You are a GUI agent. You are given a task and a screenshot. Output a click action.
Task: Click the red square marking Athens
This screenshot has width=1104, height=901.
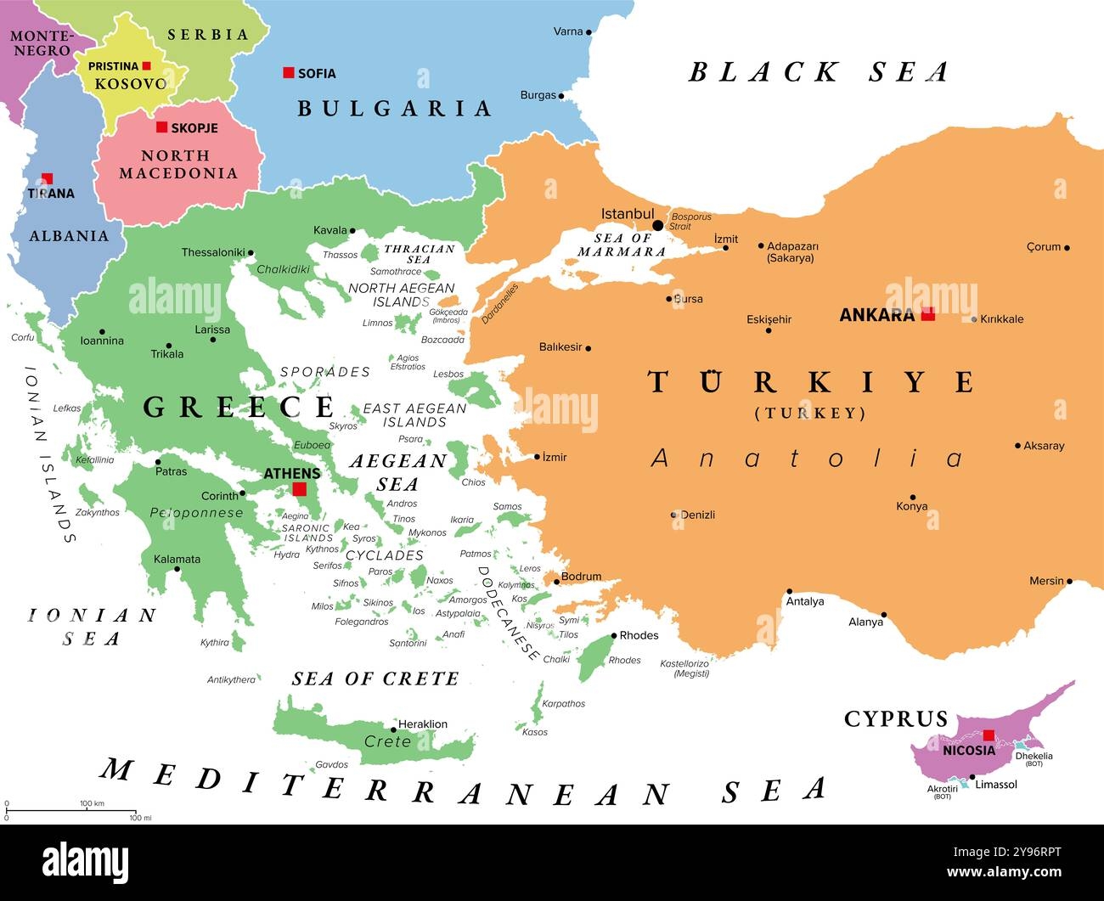299,489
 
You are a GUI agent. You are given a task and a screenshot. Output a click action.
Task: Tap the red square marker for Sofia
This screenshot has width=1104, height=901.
289,73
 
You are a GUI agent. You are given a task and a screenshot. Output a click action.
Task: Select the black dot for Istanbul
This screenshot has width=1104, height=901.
657,225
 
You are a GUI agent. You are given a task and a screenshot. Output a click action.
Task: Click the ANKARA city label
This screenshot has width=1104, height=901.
876,315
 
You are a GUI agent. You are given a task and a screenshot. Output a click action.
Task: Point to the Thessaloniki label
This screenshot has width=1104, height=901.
212,252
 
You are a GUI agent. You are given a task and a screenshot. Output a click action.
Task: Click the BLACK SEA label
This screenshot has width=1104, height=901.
818,72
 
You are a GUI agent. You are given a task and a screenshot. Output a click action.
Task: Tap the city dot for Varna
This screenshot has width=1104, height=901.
589,32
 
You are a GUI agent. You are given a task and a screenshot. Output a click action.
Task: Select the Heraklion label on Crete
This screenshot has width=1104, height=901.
422,724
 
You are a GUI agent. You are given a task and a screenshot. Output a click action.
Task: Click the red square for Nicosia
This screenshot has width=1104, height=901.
989,735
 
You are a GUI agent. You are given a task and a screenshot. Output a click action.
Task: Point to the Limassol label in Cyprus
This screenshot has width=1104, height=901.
995,785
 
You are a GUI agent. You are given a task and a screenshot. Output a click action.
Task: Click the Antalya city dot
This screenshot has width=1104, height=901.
789,591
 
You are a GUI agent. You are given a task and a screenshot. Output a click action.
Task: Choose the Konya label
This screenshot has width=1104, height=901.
911,507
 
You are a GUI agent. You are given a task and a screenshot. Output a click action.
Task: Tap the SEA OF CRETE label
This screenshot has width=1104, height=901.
375,679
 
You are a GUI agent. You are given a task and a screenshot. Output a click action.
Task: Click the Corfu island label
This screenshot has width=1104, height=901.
23,337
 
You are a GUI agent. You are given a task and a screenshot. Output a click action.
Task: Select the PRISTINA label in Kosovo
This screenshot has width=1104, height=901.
113,66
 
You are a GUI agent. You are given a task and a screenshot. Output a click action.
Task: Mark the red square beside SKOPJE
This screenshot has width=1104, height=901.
161,127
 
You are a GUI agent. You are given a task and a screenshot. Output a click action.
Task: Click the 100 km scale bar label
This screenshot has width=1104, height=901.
92,803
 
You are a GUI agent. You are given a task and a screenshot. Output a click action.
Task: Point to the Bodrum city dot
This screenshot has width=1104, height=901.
557,582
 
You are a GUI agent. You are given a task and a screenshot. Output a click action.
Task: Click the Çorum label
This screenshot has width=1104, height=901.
1043,247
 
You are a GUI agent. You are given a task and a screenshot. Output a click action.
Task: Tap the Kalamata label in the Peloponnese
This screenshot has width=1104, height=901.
177,559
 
